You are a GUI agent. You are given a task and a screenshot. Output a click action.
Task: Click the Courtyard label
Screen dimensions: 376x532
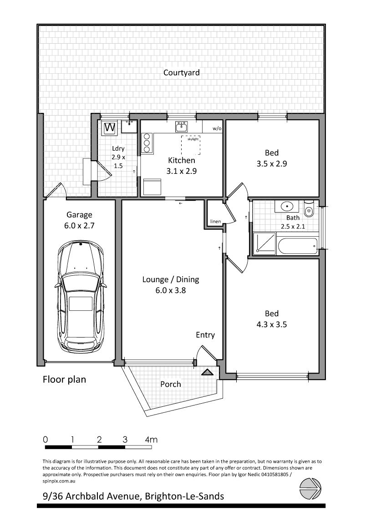[182, 73]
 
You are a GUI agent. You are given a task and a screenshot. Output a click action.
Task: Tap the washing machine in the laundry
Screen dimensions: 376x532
[110, 128]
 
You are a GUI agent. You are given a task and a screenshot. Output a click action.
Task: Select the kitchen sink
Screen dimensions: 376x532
[182, 127]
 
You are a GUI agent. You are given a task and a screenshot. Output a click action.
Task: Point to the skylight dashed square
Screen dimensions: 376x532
[190, 145]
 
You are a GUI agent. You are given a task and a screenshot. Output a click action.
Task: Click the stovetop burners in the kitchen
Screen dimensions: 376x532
[147, 142]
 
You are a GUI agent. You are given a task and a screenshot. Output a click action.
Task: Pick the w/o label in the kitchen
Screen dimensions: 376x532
[217, 129]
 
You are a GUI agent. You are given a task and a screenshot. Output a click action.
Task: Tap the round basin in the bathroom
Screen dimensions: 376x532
[288, 206]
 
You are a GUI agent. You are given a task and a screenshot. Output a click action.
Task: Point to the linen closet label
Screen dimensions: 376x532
[215, 222]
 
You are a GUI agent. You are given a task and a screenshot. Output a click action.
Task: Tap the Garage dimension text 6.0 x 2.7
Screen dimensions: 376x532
[79, 225]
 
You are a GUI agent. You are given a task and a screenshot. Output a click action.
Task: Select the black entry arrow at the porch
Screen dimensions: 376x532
[207, 372]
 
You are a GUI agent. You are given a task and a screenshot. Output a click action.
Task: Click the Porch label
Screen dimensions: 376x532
[171, 384]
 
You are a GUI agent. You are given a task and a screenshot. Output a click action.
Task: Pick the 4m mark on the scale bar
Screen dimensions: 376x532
[151, 440]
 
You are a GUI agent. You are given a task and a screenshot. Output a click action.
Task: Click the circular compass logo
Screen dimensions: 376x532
[310, 489]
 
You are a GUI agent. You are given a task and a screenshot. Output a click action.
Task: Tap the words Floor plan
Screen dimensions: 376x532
[65, 379]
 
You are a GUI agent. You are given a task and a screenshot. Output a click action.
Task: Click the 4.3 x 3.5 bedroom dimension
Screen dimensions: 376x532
[271, 324]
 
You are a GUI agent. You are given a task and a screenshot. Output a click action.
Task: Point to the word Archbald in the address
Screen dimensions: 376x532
[86, 497]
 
